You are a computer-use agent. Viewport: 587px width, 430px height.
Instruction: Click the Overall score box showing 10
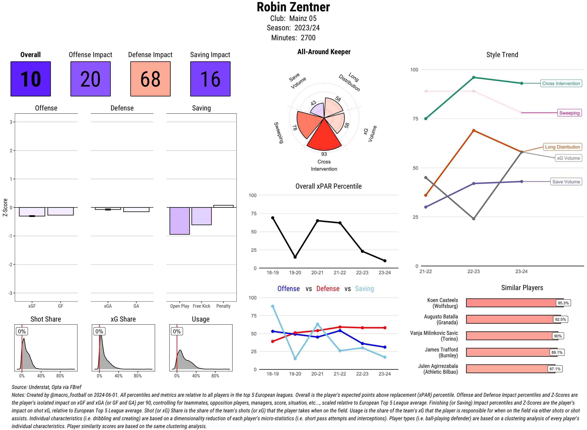click(31, 79)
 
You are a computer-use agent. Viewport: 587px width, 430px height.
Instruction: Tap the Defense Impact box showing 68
click(150, 79)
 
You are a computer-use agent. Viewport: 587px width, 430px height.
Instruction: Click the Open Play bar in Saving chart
click(179, 221)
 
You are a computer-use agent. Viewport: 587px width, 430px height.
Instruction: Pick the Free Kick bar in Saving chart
click(201, 216)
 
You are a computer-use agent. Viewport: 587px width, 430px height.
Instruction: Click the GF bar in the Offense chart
click(60, 211)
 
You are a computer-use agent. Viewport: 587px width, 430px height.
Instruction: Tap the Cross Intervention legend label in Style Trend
click(561, 83)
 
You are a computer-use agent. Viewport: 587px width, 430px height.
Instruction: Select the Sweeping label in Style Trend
click(569, 113)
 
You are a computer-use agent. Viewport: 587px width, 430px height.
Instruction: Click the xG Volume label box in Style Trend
click(568, 158)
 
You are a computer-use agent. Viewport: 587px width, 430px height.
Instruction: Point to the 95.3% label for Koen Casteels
click(563, 303)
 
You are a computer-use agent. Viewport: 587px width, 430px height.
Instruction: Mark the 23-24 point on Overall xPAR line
click(384, 261)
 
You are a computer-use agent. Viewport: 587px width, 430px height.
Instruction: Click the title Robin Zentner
click(293, 7)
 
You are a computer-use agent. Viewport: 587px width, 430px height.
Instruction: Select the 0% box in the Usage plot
click(177, 331)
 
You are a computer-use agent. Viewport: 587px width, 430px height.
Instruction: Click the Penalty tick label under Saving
click(223, 306)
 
